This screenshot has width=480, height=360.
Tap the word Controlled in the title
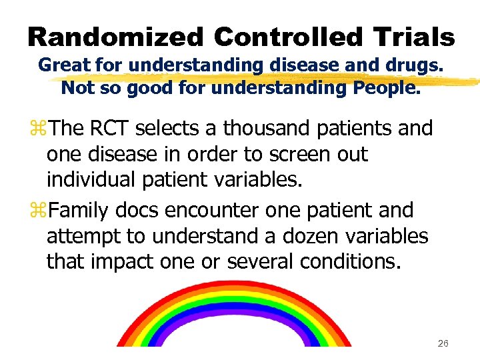click(278, 37)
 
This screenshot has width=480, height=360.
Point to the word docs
click(138, 209)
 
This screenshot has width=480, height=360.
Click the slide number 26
click(443, 343)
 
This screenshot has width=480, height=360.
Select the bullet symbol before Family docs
click(41, 210)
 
